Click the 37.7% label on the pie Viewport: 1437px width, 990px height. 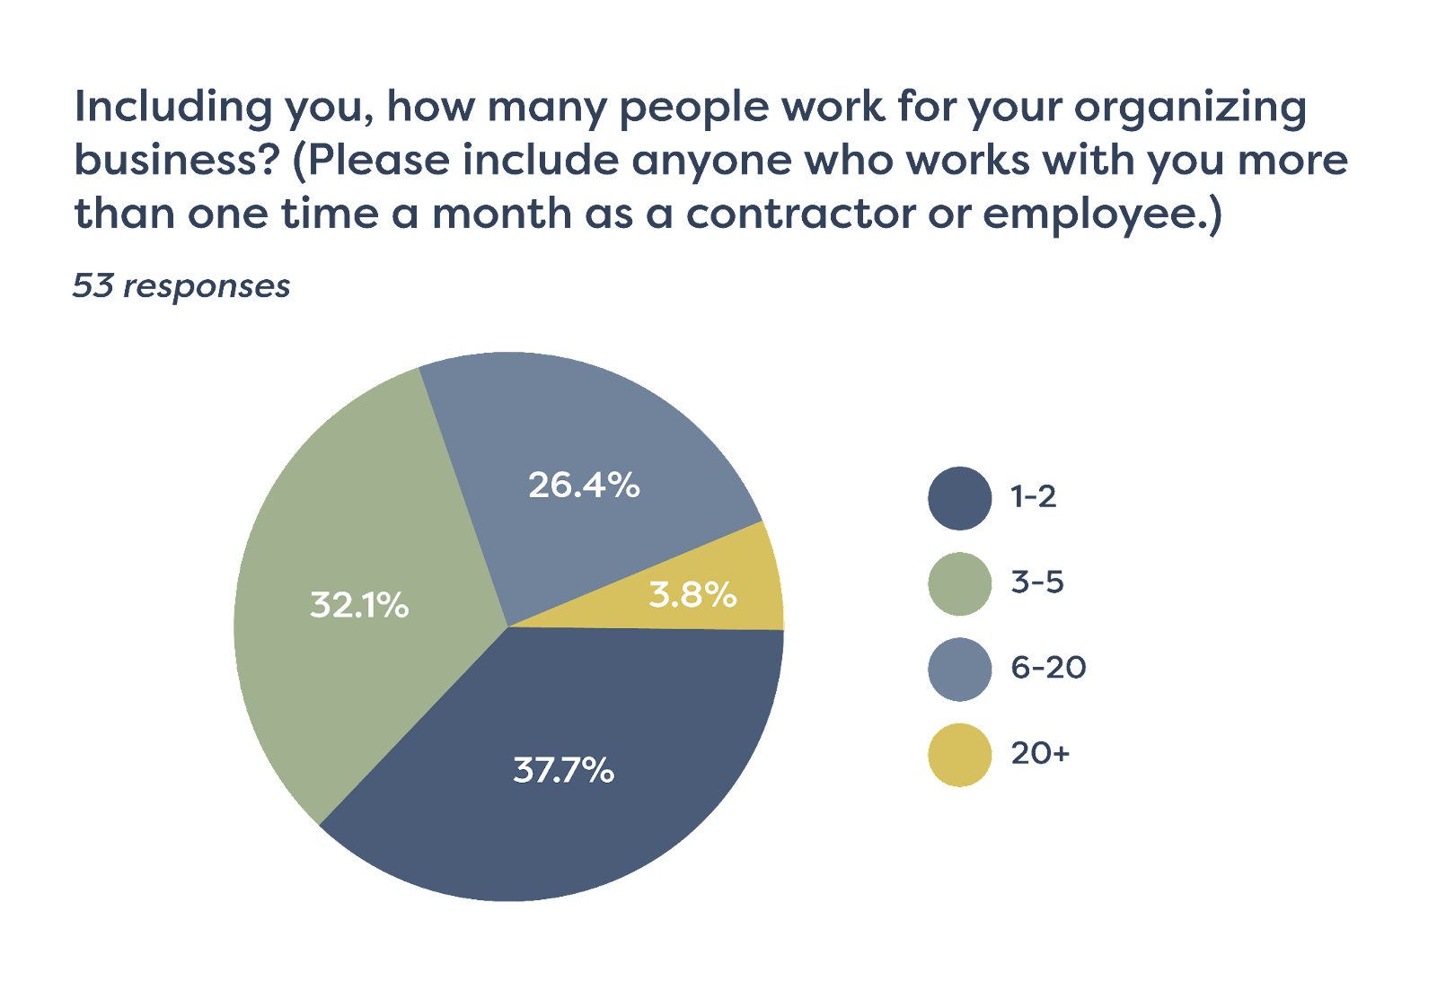click(563, 770)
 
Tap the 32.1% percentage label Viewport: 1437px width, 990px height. click(359, 605)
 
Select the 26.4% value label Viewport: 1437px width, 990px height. click(584, 486)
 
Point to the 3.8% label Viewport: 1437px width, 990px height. click(692, 594)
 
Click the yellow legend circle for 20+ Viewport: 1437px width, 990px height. click(959, 755)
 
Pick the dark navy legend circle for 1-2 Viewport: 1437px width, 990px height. click(959, 498)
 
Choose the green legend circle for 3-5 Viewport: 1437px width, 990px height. click(959, 583)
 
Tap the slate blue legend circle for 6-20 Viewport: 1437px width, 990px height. click(959, 669)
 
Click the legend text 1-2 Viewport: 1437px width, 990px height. click(1034, 496)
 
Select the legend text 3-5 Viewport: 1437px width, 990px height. click(1037, 583)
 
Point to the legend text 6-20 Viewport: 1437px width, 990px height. click(1048, 668)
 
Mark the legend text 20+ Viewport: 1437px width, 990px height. click(1040, 753)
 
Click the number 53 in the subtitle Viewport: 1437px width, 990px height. click(93, 285)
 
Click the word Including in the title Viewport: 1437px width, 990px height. click(172, 108)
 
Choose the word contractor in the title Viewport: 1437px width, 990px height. click(800, 214)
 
